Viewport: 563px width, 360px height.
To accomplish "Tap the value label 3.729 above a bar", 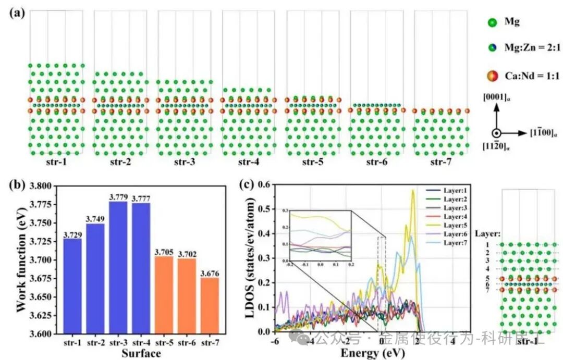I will pos(73,234).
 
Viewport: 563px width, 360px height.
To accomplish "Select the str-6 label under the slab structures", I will pos(376,162).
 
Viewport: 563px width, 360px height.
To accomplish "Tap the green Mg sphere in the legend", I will pos(492,23).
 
